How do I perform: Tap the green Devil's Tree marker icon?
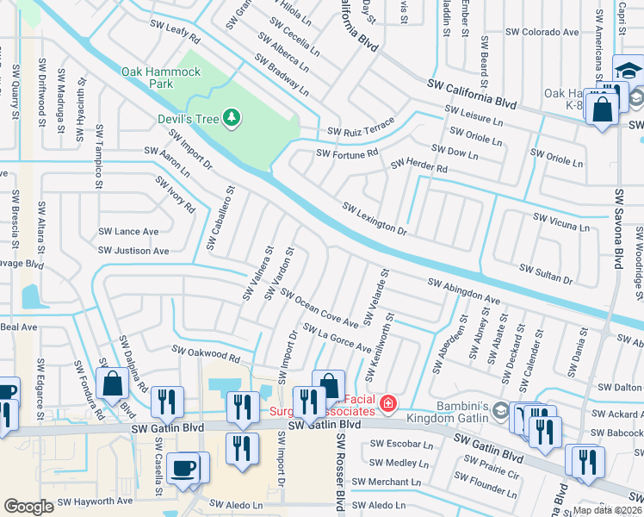click(x=231, y=117)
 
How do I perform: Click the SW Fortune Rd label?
click(x=347, y=153)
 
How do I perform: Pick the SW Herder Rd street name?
click(x=419, y=165)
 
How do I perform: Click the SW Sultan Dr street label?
click(x=544, y=273)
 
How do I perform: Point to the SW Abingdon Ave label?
click(x=464, y=291)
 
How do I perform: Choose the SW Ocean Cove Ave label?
click(x=319, y=308)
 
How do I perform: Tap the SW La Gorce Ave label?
click(x=337, y=338)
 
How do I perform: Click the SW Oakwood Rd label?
click(x=205, y=352)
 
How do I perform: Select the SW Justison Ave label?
click(x=133, y=251)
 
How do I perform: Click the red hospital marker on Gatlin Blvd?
click(x=388, y=402)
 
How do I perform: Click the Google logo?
click(x=28, y=507)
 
